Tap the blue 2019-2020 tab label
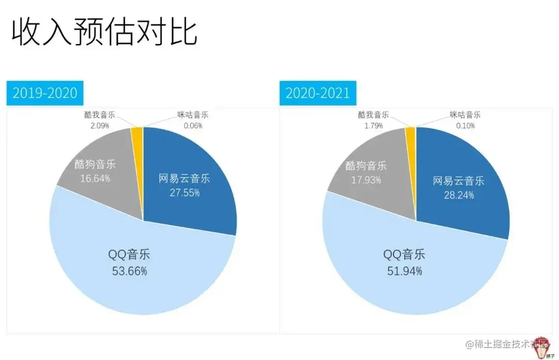click(45, 93)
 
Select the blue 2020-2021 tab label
click(318, 93)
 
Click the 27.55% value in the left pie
click(185, 193)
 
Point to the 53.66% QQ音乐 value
click(129, 270)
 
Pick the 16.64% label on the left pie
click(95, 178)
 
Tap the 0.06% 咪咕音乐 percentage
click(193, 125)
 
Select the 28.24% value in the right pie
click(459, 195)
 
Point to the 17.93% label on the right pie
click(367, 180)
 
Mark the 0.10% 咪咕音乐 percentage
click(465, 125)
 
